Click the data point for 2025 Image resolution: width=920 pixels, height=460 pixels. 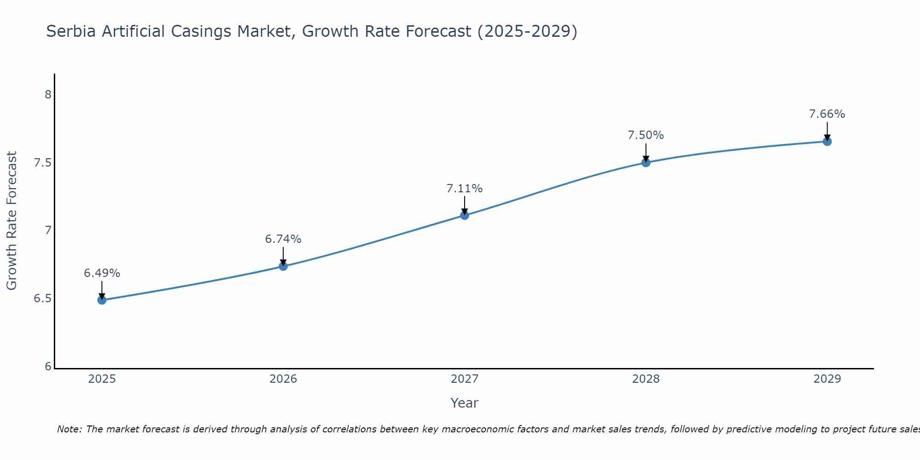102,300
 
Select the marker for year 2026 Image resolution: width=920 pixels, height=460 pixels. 283,266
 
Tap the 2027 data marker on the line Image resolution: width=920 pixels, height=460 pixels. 465,215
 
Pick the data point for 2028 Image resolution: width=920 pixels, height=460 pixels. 646,162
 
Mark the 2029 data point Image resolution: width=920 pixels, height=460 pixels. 827,141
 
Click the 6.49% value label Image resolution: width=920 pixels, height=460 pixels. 102,273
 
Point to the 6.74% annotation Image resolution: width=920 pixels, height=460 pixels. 283,239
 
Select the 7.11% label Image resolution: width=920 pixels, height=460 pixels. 465,189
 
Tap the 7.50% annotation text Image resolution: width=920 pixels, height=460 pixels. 646,135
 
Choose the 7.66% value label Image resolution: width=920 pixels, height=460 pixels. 827,114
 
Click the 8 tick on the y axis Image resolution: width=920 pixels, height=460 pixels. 48,95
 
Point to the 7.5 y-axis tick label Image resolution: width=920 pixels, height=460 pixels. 42,163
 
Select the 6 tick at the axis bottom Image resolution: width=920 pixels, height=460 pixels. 48,367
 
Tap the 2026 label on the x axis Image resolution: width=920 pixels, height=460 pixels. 283,379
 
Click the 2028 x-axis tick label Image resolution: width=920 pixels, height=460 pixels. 646,379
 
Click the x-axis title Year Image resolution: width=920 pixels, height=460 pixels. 465,403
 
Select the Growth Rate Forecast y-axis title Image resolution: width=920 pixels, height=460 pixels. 11,221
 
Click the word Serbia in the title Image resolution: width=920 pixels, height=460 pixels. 71,31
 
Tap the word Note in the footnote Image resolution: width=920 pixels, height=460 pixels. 68,429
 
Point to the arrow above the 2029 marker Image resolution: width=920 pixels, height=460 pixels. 827,131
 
